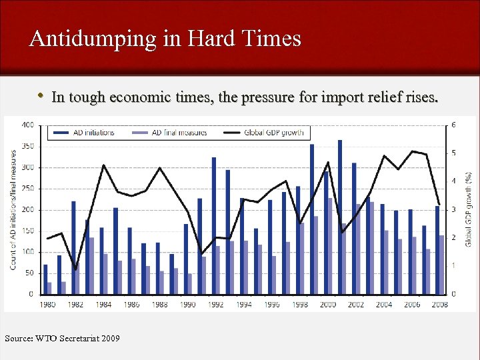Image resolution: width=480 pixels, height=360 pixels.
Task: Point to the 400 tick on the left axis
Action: (28, 125)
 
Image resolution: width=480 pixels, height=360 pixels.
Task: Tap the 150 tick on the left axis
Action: (28, 231)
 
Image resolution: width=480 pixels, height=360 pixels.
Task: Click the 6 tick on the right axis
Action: (454, 125)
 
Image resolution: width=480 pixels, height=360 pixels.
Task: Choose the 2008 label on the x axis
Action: (439, 304)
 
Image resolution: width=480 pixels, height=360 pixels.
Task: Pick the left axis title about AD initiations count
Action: (13, 209)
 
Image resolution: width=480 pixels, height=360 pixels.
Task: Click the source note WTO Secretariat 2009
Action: (63, 339)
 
